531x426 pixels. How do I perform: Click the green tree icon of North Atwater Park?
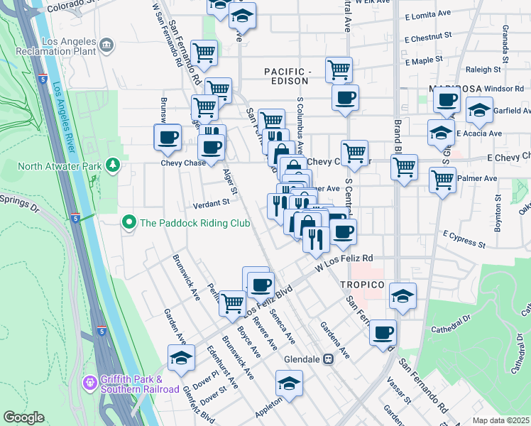pos(112,166)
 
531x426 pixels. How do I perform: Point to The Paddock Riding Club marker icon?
pos(129,223)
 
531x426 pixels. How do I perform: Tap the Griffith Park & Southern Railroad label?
pos(139,383)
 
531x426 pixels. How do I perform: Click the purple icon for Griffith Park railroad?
pos(90,383)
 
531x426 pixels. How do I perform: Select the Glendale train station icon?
pos(329,359)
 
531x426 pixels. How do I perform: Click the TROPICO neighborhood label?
pos(363,285)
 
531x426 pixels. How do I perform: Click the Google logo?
pos(23,417)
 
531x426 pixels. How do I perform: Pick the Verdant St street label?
pos(212,202)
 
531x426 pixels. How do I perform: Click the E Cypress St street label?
pos(464,239)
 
